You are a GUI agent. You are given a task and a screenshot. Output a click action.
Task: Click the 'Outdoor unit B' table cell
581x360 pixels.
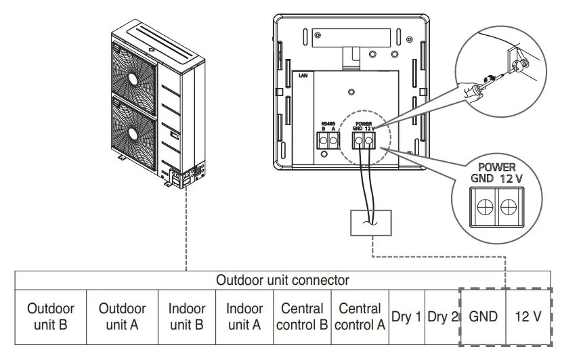[51, 317]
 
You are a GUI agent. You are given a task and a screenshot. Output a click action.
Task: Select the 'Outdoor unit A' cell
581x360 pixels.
[122, 317]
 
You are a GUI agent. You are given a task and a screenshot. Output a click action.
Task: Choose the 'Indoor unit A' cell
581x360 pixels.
[244, 317]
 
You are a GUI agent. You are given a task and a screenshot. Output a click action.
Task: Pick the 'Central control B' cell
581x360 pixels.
[302, 317]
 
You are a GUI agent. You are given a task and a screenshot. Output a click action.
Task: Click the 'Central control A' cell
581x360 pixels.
[360, 317]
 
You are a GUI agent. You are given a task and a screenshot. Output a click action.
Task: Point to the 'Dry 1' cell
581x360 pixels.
[406, 317]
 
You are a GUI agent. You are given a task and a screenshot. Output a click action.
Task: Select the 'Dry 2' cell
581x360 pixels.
[442, 317]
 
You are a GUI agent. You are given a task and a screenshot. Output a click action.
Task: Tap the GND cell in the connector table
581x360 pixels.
[483, 317]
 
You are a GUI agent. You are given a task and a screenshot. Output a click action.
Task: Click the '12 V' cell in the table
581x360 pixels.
[528, 317]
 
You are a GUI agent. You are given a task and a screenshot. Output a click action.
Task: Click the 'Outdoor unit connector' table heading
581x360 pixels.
[282, 279]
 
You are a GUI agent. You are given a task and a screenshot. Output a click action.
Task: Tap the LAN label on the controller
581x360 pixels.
[303, 77]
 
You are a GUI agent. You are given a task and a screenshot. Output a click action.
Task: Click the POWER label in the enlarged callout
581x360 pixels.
[496, 167]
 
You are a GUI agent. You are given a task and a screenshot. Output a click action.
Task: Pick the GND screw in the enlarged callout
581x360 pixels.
[485, 208]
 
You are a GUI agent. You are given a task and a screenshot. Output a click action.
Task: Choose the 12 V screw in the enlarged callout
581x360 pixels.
[509, 208]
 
